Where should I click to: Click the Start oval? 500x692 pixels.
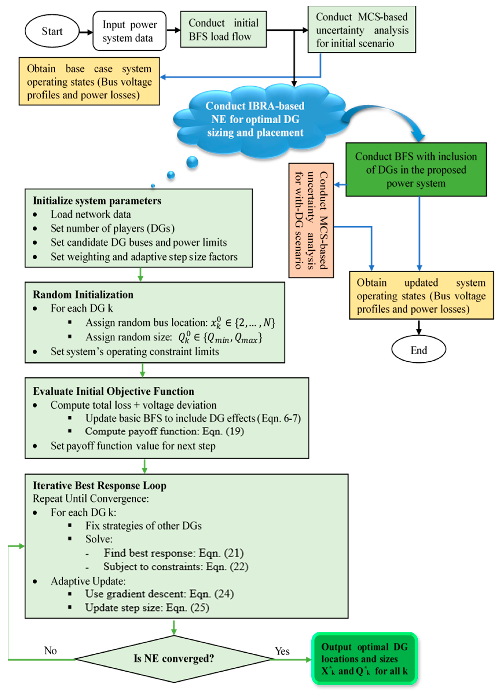[x=52, y=31]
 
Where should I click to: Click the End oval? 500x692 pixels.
[x=419, y=350]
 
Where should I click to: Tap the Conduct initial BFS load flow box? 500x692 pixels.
[x=223, y=30]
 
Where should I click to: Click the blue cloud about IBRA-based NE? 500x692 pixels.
[x=255, y=120]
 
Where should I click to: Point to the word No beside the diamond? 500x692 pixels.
[x=50, y=651]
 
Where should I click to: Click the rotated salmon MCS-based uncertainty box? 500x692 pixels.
[x=311, y=220]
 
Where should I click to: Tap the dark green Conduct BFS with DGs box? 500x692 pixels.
[x=416, y=170]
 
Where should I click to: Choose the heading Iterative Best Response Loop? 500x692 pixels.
[x=100, y=485]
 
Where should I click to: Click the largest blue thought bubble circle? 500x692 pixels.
[x=192, y=162]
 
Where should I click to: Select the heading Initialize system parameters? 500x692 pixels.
[x=97, y=201]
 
